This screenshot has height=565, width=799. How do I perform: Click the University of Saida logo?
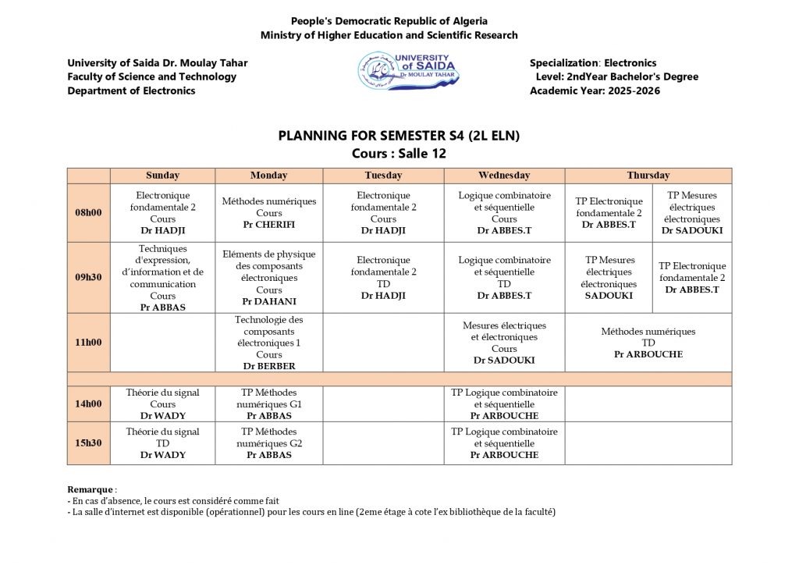(408, 71)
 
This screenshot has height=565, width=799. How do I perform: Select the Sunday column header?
(162, 176)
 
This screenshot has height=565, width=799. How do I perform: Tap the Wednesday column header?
(504, 176)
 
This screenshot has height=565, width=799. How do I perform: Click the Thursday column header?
(648, 176)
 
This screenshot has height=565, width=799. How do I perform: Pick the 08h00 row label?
(88, 212)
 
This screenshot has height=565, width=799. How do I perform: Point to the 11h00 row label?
(88, 343)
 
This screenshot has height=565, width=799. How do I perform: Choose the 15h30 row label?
(88, 443)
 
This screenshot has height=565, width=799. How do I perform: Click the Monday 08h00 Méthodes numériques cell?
(269, 212)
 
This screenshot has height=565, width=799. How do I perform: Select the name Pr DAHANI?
(269, 301)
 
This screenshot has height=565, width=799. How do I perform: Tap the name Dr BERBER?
(269, 366)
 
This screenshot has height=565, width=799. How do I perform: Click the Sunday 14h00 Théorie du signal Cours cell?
(162, 403)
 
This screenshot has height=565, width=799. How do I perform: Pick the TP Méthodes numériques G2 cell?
(269, 443)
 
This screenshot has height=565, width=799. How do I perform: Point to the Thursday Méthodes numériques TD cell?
(648, 343)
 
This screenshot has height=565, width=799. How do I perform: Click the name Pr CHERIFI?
(269, 225)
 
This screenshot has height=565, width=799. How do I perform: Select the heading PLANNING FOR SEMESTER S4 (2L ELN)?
(399, 136)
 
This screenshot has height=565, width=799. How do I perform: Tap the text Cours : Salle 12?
(399, 154)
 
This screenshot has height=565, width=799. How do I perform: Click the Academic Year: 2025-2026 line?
(595, 91)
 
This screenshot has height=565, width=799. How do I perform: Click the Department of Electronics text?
(131, 91)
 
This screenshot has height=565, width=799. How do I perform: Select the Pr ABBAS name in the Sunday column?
(162, 307)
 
